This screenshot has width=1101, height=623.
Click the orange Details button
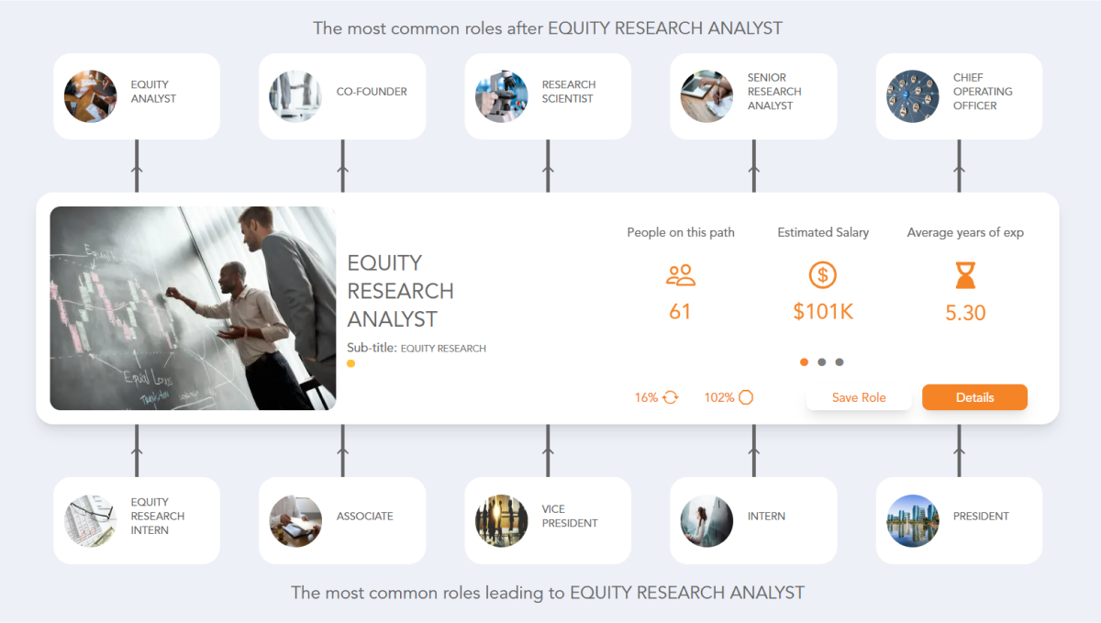pyautogui.click(x=974, y=397)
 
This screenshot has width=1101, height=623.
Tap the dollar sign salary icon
pyautogui.click(x=823, y=274)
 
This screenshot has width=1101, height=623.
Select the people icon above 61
pyautogui.click(x=680, y=274)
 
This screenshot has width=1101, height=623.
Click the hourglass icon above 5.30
pyautogui.click(x=965, y=275)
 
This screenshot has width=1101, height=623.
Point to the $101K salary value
pyautogui.click(x=823, y=312)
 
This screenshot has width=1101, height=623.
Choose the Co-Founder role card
pyautogui.click(x=342, y=95)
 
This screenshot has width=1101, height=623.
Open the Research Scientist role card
pyautogui.click(x=548, y=95)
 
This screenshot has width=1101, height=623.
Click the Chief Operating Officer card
pyautogui.click(x=959, y=95)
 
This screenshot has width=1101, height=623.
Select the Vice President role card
pyautogui.click(x=548, y=519)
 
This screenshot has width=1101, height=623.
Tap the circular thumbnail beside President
pyautogui.click(x=913, y=520)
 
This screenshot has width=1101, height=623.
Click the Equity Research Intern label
pyautogui.click(x=158, y=516)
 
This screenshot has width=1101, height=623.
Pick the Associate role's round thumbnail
pyautogui.click(x=295, y=520)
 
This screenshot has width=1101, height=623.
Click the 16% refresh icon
pyautogui.click(x=671, y=397)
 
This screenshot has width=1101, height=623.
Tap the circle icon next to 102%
pyautogui.click(x=746, y=397)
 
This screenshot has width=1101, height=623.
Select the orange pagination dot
pyautogui.click(x=805, y=362)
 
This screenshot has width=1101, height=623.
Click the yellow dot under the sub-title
pyautogui.click(x=350, y=364)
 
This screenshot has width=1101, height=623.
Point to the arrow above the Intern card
pyautogui.click(x=754, y=450)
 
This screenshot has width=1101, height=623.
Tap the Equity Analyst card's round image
pyautogui.click(x=91, y=96)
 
